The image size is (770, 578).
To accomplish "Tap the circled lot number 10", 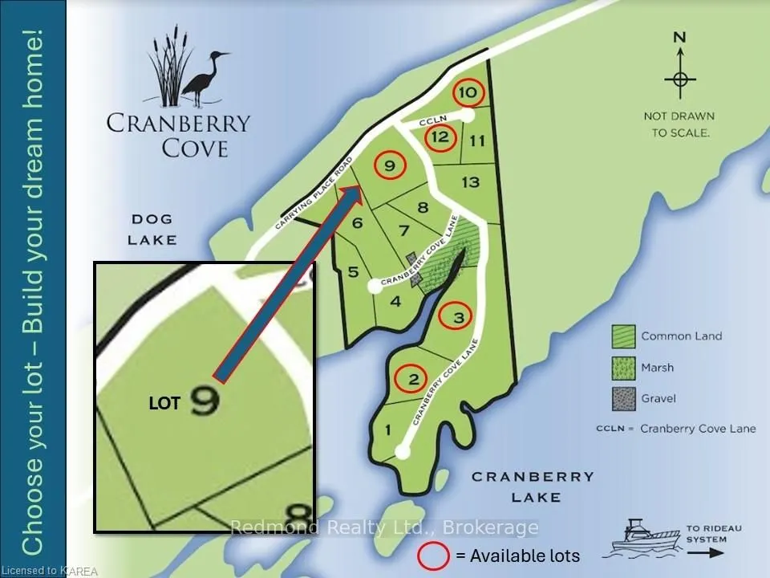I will click(x=469, y=93).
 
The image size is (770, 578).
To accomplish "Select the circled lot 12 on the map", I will click(x=439, y=137).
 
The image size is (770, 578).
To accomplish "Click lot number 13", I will click(x=471, y=182).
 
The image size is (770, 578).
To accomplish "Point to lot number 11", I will click(x=478, y=141).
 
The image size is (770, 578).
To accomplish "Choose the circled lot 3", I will click(x=458, y=318).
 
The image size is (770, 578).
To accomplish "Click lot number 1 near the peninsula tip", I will click(x=388, y=431).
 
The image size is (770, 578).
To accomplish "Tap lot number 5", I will click(x=353, y=272).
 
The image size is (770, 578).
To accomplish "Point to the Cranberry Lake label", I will click(x=532, y=486).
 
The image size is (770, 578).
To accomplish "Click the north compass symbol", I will click(x=680, y=78).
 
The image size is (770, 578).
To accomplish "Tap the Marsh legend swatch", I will click(x=623, y=368).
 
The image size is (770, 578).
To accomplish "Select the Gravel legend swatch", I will click(x=623, y=397).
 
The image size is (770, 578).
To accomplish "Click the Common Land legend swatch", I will click(x=623, y=336).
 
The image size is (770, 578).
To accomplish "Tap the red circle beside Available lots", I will click(x=433, y=555).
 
